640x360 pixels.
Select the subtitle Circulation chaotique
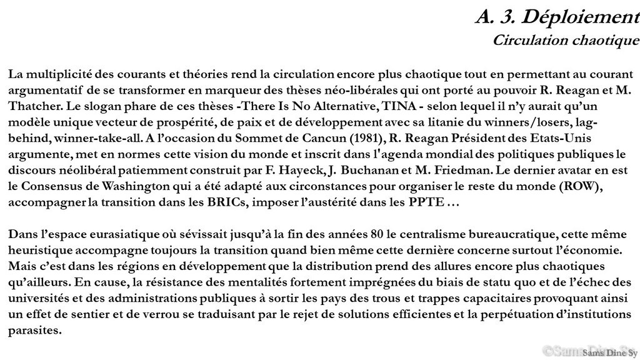[566, 41]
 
